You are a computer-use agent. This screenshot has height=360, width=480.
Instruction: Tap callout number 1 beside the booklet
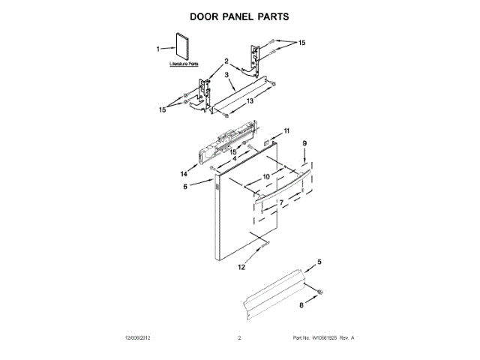(x=158, y=49)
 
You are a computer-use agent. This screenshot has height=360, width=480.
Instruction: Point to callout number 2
(x=226, y=61)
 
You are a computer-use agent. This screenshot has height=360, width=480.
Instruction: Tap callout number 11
(x=286, y=131)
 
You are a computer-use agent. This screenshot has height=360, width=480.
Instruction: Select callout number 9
(x=305, y=142)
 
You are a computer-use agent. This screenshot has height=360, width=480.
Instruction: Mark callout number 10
(x=265, y=177)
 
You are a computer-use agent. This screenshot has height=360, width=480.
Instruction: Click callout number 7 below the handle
(x=280, y=202)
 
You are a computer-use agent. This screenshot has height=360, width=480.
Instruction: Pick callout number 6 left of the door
(x=185, y=187)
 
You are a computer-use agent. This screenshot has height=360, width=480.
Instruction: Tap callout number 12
(x=241, y=266)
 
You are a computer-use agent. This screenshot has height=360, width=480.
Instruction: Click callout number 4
(x=234, y=158)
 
